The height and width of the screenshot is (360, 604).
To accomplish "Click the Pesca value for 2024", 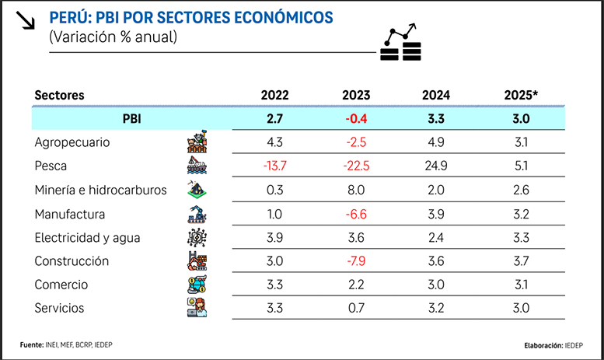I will coord(436,166).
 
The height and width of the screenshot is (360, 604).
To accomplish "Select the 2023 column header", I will coord(356,96).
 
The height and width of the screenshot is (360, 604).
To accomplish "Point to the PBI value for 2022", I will coord(275,119).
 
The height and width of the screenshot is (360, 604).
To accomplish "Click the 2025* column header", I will coord(521,96).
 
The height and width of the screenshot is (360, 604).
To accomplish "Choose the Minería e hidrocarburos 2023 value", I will coord(356,190).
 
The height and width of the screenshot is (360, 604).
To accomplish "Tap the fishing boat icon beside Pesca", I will coord(196,166).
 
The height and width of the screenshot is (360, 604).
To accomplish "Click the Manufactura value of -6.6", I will coord(356,214).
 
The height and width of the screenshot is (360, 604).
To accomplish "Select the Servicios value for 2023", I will coord(356,309).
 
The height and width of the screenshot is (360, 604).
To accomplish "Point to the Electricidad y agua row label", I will coord(86,238).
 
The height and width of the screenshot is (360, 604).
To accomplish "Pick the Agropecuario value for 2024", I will coord(436,143).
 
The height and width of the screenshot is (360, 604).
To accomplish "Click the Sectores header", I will coord(59,96).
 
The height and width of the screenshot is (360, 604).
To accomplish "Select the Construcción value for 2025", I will coord(521,261).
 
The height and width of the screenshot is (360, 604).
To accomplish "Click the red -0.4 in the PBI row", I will coord(356,119).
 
